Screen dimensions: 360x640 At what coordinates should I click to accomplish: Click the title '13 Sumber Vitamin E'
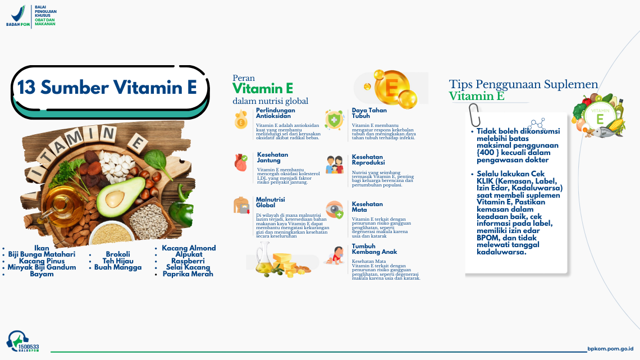(108, 88)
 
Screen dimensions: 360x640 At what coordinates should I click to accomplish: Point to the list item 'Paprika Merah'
(188, 274)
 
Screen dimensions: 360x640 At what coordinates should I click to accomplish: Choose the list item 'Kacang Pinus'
(42, 261)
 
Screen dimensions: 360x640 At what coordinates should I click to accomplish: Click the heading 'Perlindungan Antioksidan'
(275, 113)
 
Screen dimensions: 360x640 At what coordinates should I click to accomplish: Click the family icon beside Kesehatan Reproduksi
(335, 164)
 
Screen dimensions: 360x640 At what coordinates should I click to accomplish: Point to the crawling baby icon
(335, 256)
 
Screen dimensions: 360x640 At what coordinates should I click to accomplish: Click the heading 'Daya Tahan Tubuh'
(369, 113)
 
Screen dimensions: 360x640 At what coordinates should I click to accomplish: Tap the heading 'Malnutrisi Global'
(271, 202)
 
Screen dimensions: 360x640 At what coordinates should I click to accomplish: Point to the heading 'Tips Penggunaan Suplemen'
(523, 85)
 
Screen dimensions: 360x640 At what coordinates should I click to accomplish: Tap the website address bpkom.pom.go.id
(610, 349)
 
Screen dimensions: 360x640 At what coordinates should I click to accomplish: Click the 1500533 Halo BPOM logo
(22, 341)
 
